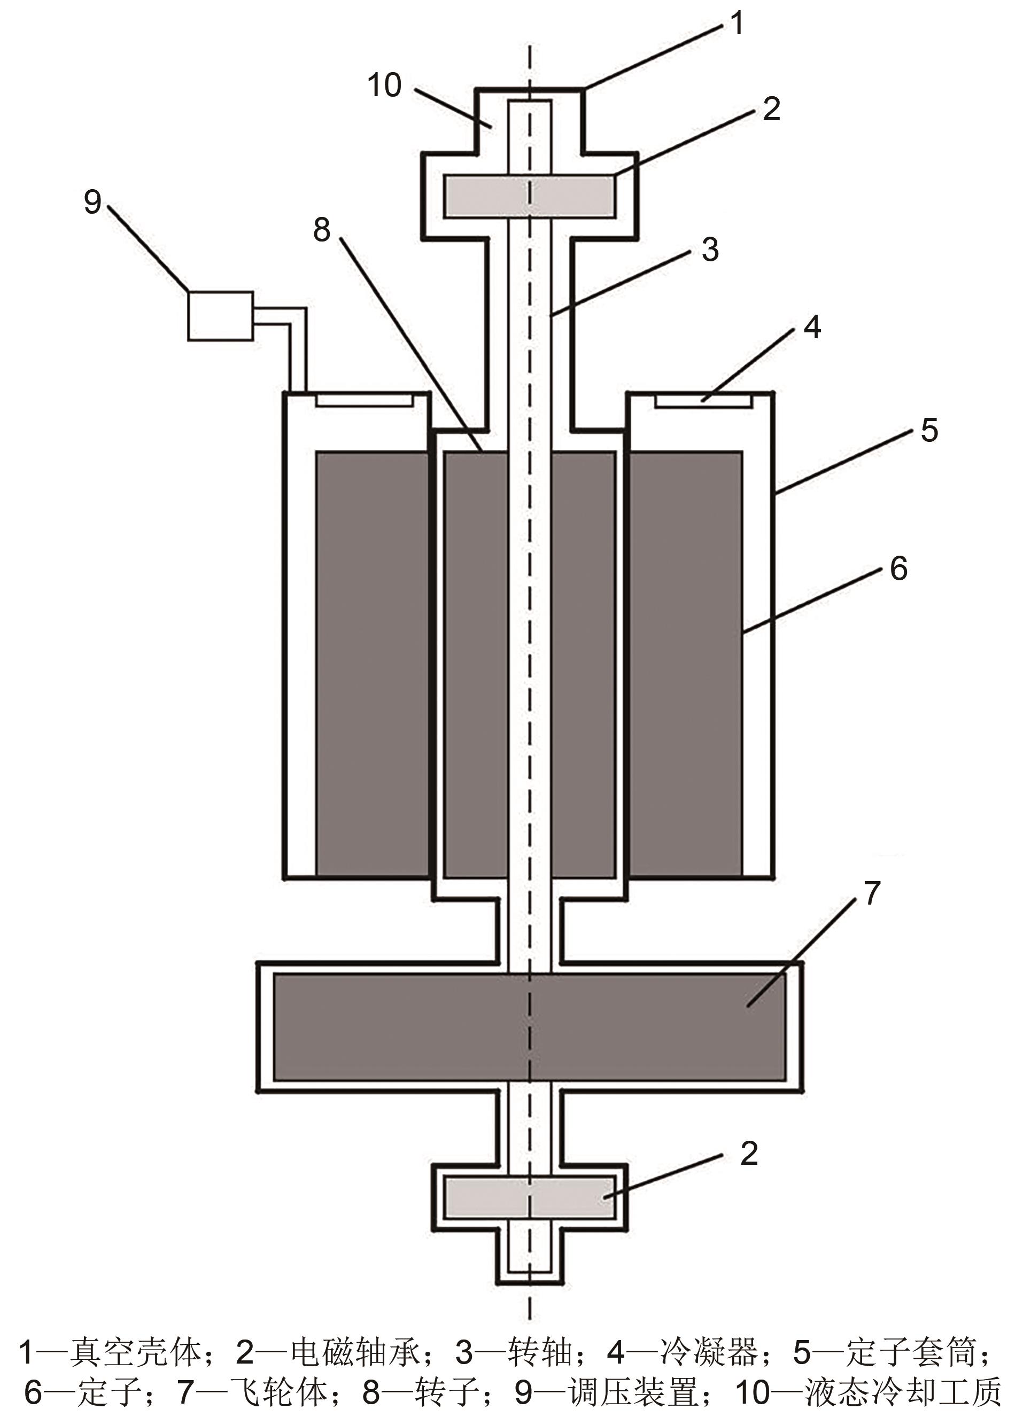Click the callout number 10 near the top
click(384, 85)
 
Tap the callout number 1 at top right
click(738, 23)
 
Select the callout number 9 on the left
click(92, 202)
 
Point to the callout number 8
click(322, 229)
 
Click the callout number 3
click(710, 250)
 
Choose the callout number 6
click(898, 569)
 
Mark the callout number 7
click(872, 893)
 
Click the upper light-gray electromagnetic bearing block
click(529, 196)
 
